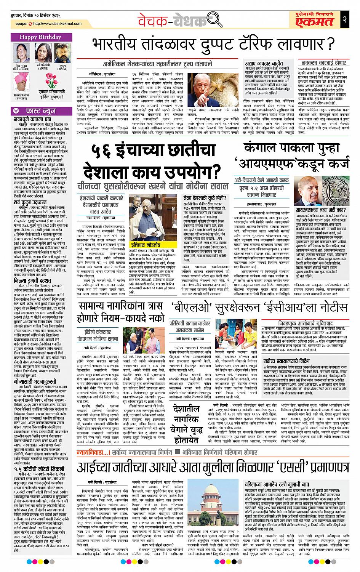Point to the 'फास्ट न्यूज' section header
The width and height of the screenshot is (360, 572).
point(41,111)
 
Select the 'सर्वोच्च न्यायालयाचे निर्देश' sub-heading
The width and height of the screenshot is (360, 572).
point(288,359)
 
